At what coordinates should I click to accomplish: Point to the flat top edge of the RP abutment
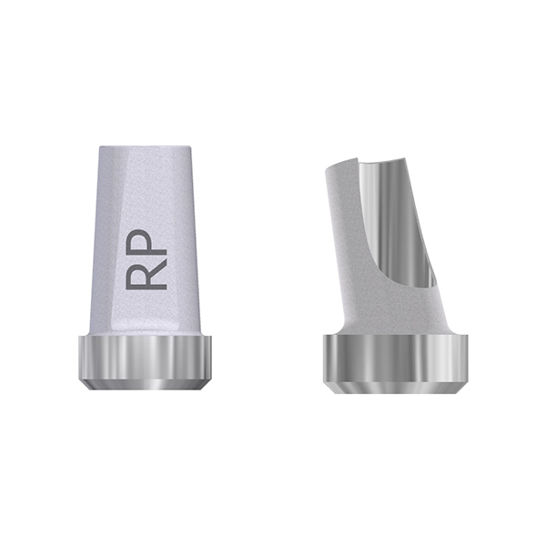click(x=145, y=147)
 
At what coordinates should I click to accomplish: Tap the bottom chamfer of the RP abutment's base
click(x=145, y=384)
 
